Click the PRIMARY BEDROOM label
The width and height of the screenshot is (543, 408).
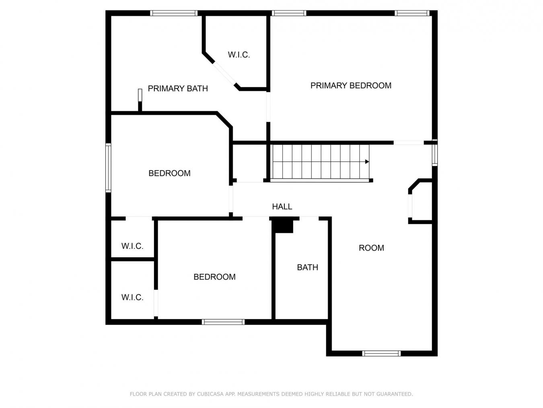pos(351,85)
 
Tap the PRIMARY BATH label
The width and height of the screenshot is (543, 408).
pos(178,89)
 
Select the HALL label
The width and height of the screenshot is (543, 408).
pos(282,206)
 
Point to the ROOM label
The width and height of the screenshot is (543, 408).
pos(371,248)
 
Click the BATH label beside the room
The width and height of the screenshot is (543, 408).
pos(307,267)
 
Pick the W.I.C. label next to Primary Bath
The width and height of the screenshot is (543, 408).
pos(239,55)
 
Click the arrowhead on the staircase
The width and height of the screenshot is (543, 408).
pos(367,162)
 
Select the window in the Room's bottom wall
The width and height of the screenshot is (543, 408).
pos(381,353)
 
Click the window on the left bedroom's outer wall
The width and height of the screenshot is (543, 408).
pos(108,168)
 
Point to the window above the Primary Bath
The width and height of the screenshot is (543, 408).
pos(174,13)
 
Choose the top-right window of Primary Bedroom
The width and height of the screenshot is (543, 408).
pos(412,13)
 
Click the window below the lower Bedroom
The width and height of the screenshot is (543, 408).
pos(223,322)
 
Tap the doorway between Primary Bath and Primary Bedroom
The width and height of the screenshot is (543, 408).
pos(268,107)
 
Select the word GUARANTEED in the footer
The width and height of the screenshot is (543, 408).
pos(394,394)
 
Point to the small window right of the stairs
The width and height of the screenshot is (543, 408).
pos(435,155)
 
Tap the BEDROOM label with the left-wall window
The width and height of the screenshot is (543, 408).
pos(169,173)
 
